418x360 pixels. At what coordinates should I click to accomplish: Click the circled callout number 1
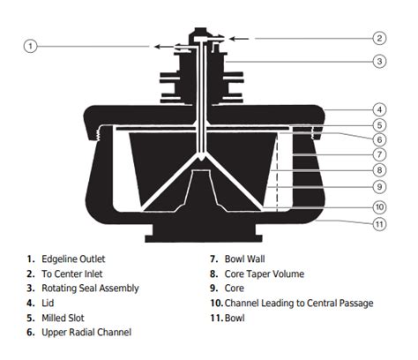coord(30,47)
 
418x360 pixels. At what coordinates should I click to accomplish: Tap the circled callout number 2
coord(379,38)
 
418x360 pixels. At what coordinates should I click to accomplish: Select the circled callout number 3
coord(379,62)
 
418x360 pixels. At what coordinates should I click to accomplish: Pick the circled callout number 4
coord(379,109)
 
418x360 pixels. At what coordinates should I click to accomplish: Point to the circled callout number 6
coord(379,139)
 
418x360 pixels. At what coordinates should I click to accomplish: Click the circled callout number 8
coord(379,170)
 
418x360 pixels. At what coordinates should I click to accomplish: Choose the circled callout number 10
coord(379,207)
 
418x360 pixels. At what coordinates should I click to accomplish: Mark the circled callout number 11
coord(379,224)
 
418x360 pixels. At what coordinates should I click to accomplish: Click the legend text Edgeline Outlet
coord(73,259)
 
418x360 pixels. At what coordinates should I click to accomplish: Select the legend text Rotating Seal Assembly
coord(90,289)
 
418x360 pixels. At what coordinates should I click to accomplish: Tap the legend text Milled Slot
coord(63,318)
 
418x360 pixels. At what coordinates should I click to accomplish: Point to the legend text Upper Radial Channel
coord(86,333)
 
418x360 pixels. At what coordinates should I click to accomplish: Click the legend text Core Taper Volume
coord(265,274)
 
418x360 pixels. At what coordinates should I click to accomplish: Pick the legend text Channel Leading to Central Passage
coord(299,304)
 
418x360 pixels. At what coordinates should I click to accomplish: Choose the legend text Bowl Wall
coord(244,259)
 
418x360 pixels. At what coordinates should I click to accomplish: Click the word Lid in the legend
coord(48,304)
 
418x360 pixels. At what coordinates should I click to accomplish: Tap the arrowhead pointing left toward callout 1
coord(157,47)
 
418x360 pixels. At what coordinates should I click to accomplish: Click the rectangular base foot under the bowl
coord(204,234)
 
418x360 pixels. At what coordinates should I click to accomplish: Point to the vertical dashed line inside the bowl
coord(277,172)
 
